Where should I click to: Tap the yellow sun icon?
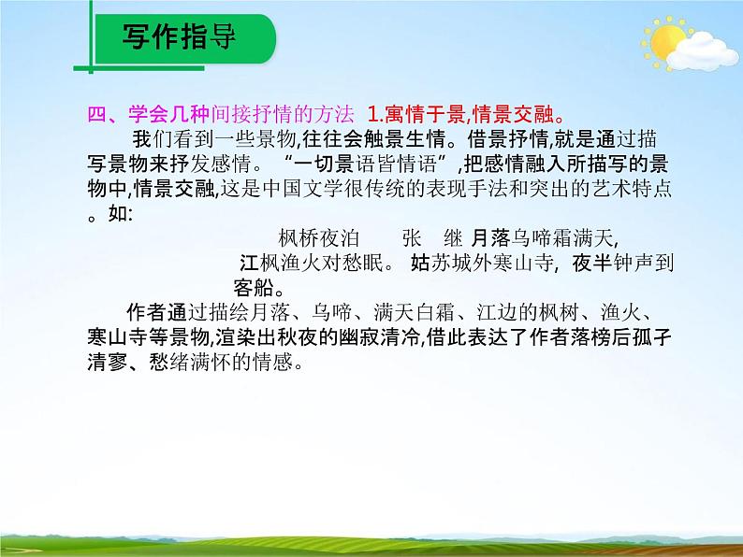[667, 42]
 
